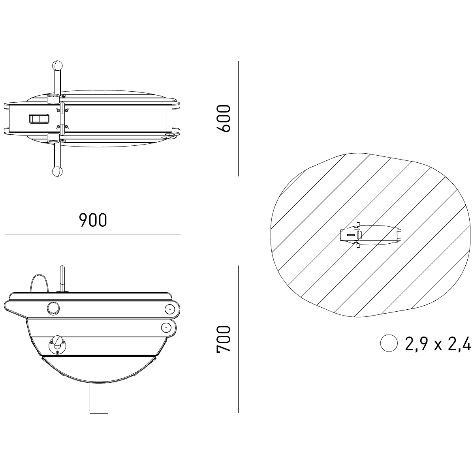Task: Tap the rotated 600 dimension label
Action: tap(223, 118)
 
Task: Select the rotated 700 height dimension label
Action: tap(223, 339)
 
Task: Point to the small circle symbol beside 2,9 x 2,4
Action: tap(389, 343)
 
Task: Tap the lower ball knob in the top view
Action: tap(57, 171)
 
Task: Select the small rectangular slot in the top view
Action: tap(39, 118)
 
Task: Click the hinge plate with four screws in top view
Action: tap(62, 118)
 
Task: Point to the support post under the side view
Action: tap(99, 398)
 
